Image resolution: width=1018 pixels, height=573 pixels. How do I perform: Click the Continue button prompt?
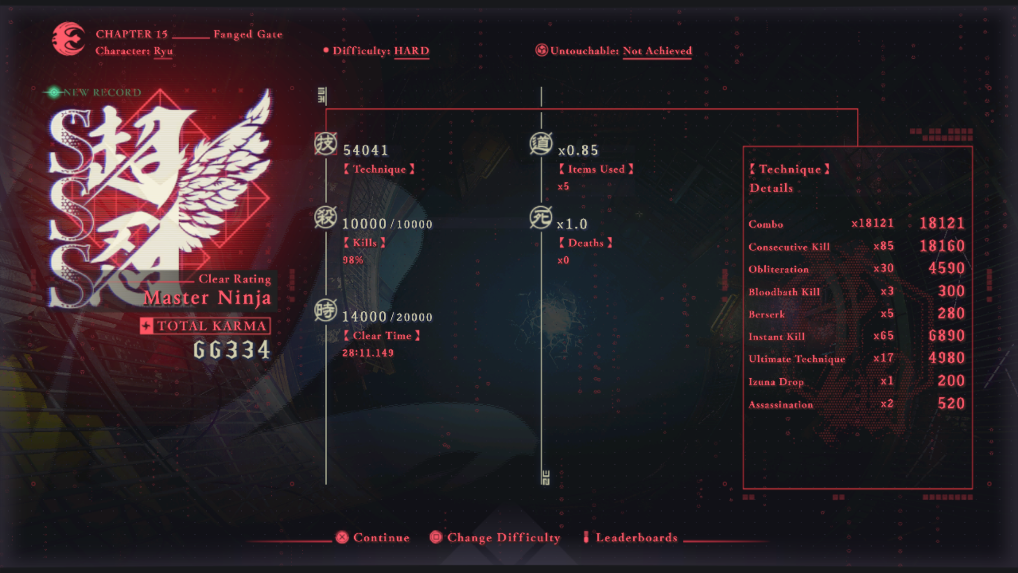372,537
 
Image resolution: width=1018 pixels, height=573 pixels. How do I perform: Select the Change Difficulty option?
495,537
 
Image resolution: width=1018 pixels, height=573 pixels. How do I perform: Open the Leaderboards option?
630,537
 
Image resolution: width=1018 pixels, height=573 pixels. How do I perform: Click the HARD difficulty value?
411,51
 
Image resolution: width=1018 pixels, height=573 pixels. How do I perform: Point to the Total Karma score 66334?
232,350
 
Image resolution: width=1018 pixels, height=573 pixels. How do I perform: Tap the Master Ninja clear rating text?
207,298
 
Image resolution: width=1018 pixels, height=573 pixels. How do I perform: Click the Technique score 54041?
366,151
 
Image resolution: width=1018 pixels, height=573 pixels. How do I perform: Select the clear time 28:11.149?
368,353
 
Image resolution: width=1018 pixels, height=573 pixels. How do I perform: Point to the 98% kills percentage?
353,260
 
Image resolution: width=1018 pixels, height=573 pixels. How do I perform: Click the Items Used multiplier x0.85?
578,151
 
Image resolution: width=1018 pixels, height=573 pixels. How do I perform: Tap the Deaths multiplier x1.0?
572,224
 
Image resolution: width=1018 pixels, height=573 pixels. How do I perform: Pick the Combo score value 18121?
942,223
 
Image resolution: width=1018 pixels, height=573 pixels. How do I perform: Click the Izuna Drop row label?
776,381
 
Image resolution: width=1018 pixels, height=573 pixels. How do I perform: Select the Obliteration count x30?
884,268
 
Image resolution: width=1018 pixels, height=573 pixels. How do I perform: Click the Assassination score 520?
951,404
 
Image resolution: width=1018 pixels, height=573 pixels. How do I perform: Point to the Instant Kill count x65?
884,336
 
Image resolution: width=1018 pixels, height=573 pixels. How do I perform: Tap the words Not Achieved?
657,51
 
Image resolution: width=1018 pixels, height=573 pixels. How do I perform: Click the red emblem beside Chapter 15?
68,38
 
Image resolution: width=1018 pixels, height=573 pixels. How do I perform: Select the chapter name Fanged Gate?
248,34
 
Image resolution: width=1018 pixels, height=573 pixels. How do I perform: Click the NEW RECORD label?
102,92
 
